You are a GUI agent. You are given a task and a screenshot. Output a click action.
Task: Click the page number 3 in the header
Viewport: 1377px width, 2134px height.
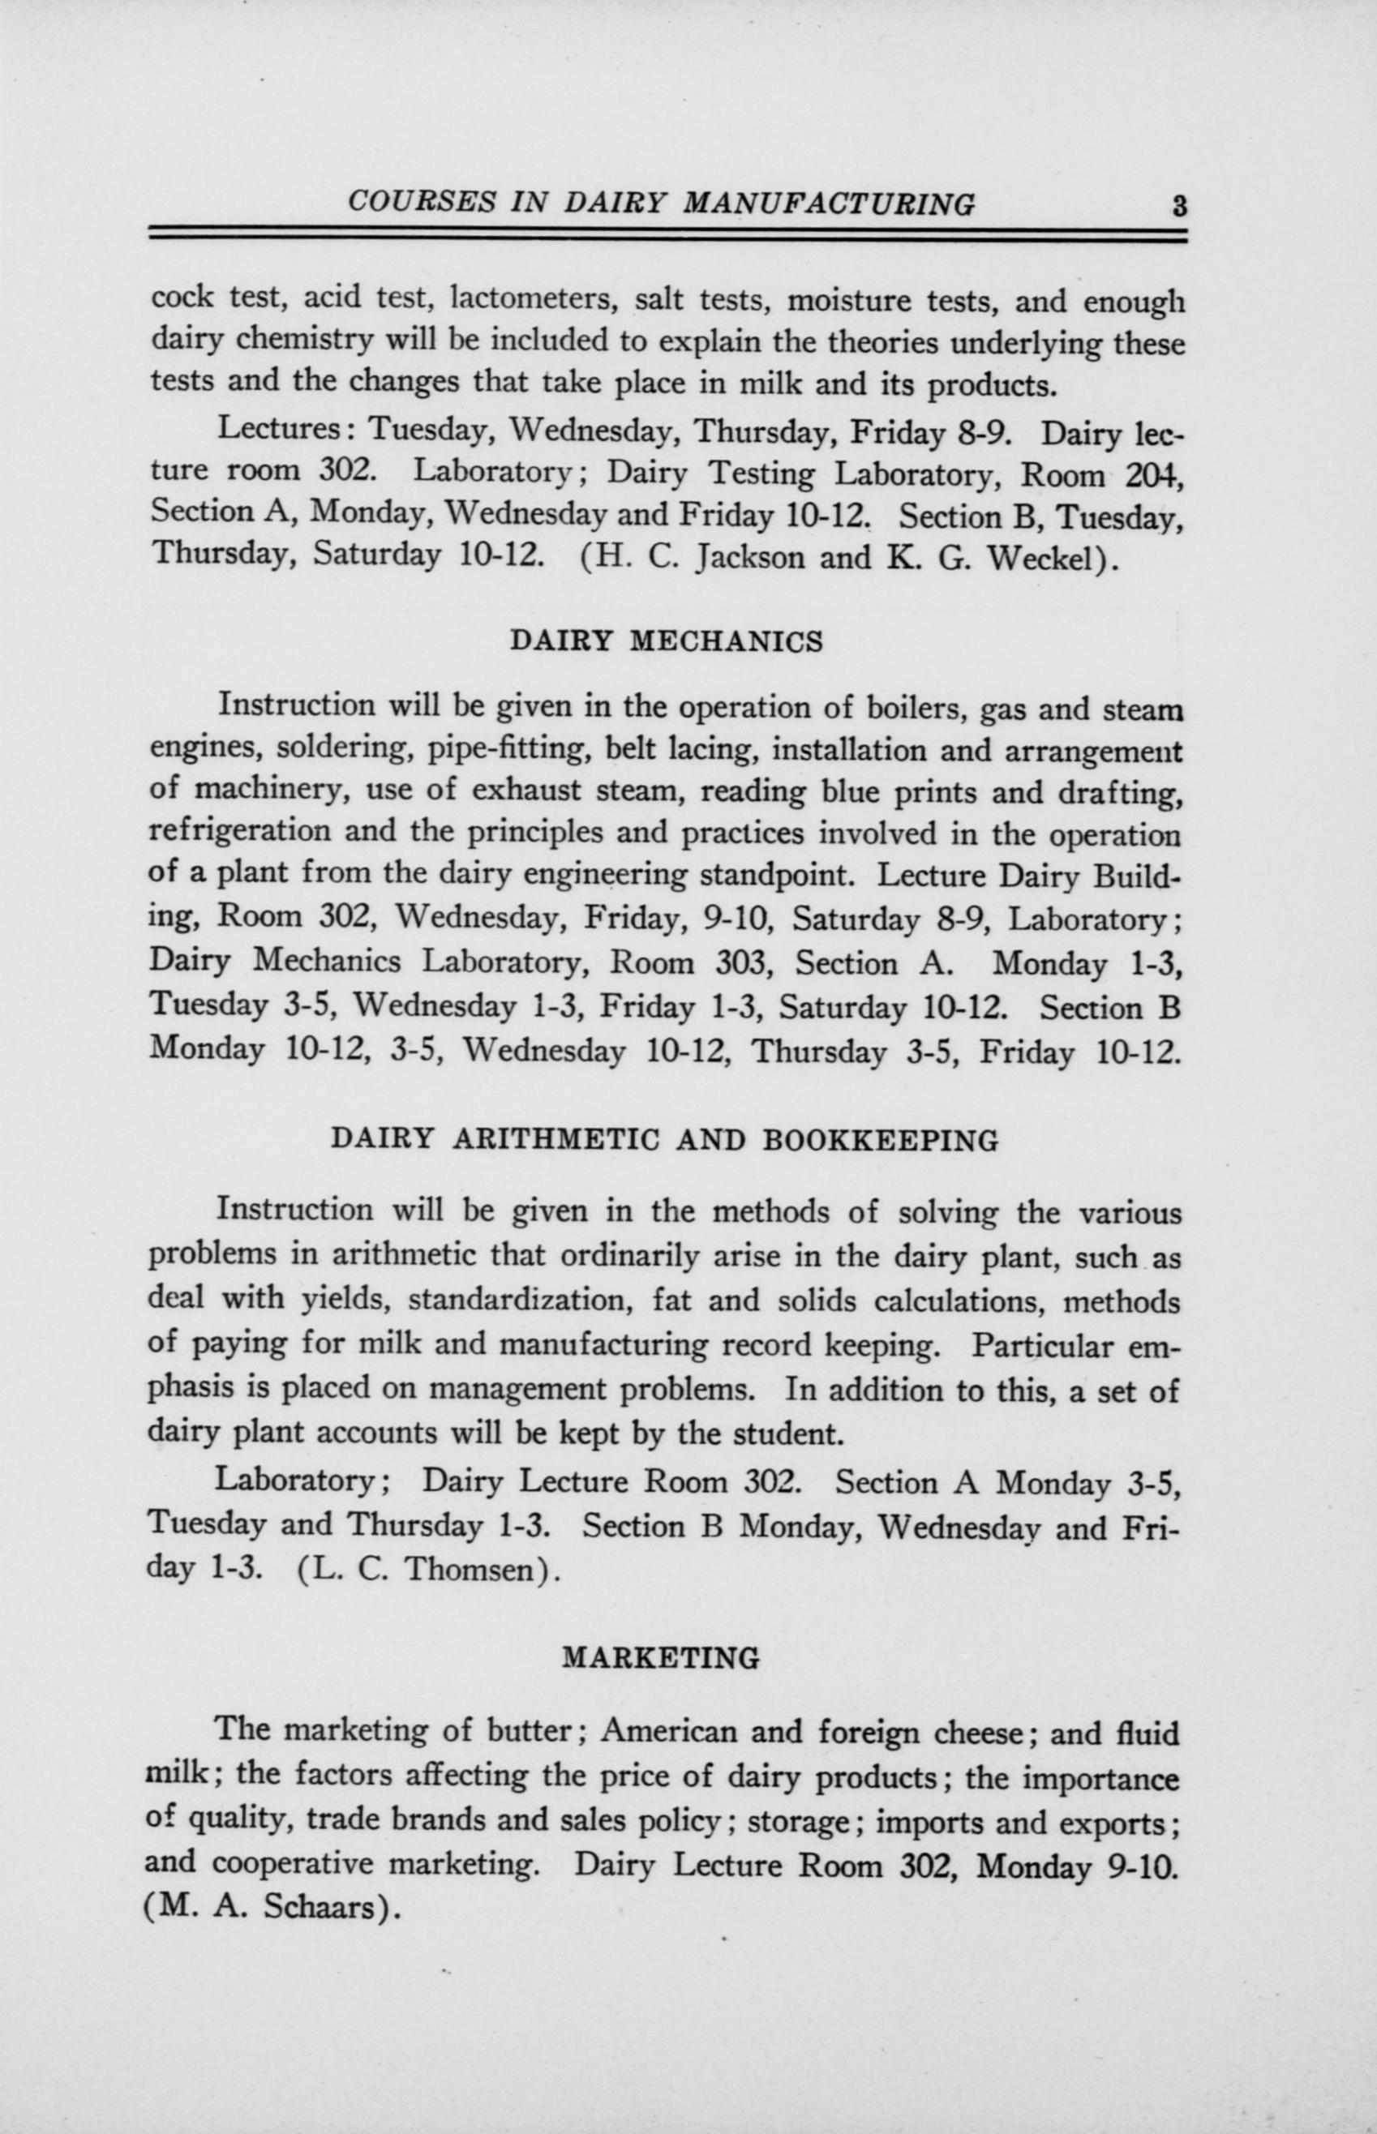click(1179, 208)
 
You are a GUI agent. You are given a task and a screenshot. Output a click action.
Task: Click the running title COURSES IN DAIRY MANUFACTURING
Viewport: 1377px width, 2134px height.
click(661, 205)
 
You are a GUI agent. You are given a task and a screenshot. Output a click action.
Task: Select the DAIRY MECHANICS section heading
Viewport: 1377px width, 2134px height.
click(665, 642)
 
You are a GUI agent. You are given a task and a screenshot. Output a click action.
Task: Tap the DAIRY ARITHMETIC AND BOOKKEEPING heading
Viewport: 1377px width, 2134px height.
click(664, 1141)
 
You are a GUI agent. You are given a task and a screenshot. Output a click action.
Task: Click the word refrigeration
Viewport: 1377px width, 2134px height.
click(239, 833)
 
